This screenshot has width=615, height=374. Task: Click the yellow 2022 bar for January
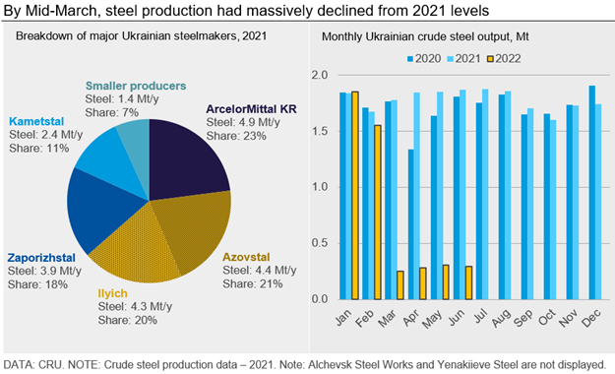point(354,196)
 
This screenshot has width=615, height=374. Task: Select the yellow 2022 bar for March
point(400,284)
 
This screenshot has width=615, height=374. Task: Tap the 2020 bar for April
point(411,223)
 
